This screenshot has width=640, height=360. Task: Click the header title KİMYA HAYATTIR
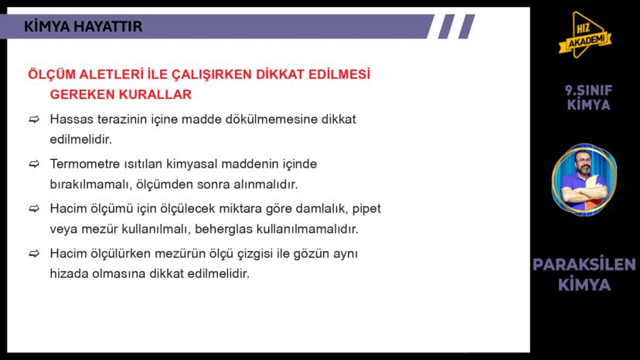click(x=83, y=27)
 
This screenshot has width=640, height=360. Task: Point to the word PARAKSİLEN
click(x=584, y=265)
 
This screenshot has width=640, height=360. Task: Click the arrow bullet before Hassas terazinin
click(x=34, y=120)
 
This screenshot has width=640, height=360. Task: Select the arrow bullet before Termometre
click(x=34, y=165)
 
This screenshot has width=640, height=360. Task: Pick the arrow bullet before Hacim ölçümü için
click(x=34, y=209)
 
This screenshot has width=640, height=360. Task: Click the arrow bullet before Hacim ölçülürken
click(x=34, y=254)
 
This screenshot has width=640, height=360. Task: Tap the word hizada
click(x=68, y=273)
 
